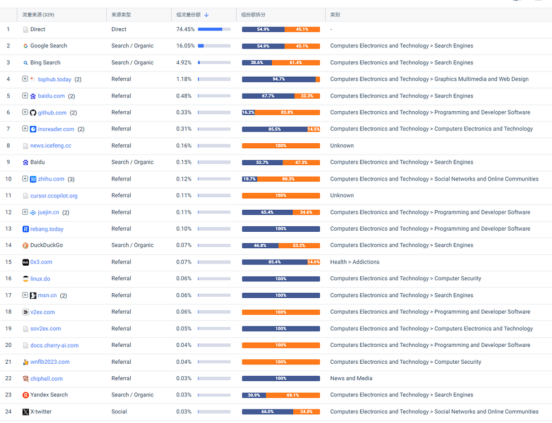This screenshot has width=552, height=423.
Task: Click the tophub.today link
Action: (x=55, y=80)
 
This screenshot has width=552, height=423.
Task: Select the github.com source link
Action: (x=52, y=113)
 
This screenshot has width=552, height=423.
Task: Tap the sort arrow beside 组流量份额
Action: (x=207, y=15)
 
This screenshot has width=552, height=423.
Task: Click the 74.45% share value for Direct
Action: (x=185, y=29)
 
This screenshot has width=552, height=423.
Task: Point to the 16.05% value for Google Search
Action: (x=185, y=46)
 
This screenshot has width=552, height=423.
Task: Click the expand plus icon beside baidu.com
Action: (x=25, y=95)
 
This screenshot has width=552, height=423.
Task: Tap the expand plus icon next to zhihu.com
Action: (x=25, y=179)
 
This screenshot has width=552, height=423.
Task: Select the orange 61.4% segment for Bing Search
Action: (x=295, y=63)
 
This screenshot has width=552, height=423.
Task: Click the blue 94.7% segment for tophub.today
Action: (x=279, y=80)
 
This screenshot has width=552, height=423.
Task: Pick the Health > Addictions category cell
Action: (x=355, y=262)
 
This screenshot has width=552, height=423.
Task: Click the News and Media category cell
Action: (x=351, y=378)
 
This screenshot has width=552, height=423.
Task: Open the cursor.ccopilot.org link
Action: (x=54, y=196)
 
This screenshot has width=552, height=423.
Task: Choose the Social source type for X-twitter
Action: (x=119, y=411)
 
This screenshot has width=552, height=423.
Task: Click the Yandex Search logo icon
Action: (x=25, y=395)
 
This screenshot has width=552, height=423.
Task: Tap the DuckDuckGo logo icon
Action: (x=25, y=245)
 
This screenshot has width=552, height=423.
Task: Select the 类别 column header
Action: (x=335, y=15)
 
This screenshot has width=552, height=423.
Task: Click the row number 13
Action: (x=8, y=229)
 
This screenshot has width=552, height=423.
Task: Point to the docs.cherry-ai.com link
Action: (x=55, y=346)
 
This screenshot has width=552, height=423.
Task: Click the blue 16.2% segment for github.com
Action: (x=248, y=113)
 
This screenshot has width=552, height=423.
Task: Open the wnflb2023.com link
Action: (x=50, y=362)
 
